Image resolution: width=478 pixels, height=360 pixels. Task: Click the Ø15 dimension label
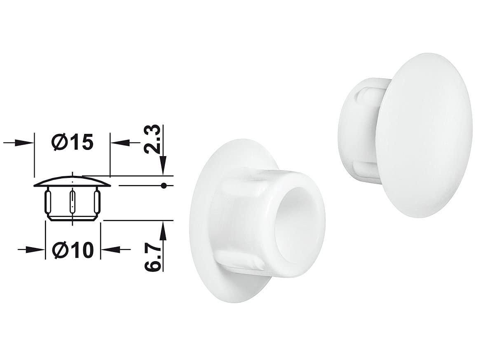[72, 143]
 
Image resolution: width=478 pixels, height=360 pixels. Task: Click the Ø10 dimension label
[72, 250]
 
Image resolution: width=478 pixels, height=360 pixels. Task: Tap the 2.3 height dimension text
[152, 139]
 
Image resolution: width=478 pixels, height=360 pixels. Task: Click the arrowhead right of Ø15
[119, 142]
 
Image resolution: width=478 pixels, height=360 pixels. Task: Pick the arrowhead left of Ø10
[35, 250]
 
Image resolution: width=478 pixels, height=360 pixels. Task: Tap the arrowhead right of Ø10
[110, 249]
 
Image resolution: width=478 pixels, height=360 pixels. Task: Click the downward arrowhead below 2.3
[164, 166]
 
